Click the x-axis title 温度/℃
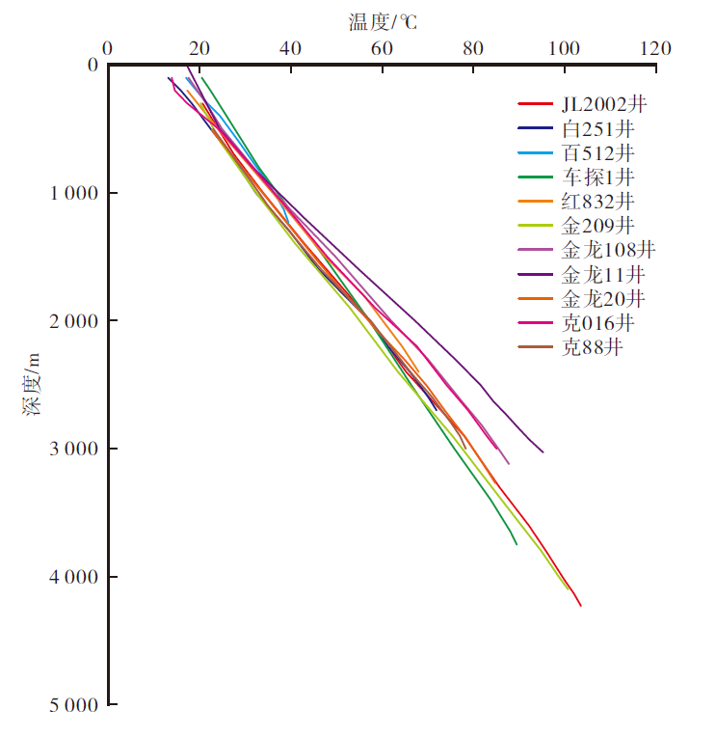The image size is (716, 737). pyautogui.click(x=383, y=20)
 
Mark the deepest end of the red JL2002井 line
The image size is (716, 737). pyautogui.click(x=581, y=606)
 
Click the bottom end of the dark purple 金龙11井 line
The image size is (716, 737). pyautogui.click(x=543, y=451)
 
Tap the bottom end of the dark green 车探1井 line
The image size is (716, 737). pyautogui.click(x=517, y=545)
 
